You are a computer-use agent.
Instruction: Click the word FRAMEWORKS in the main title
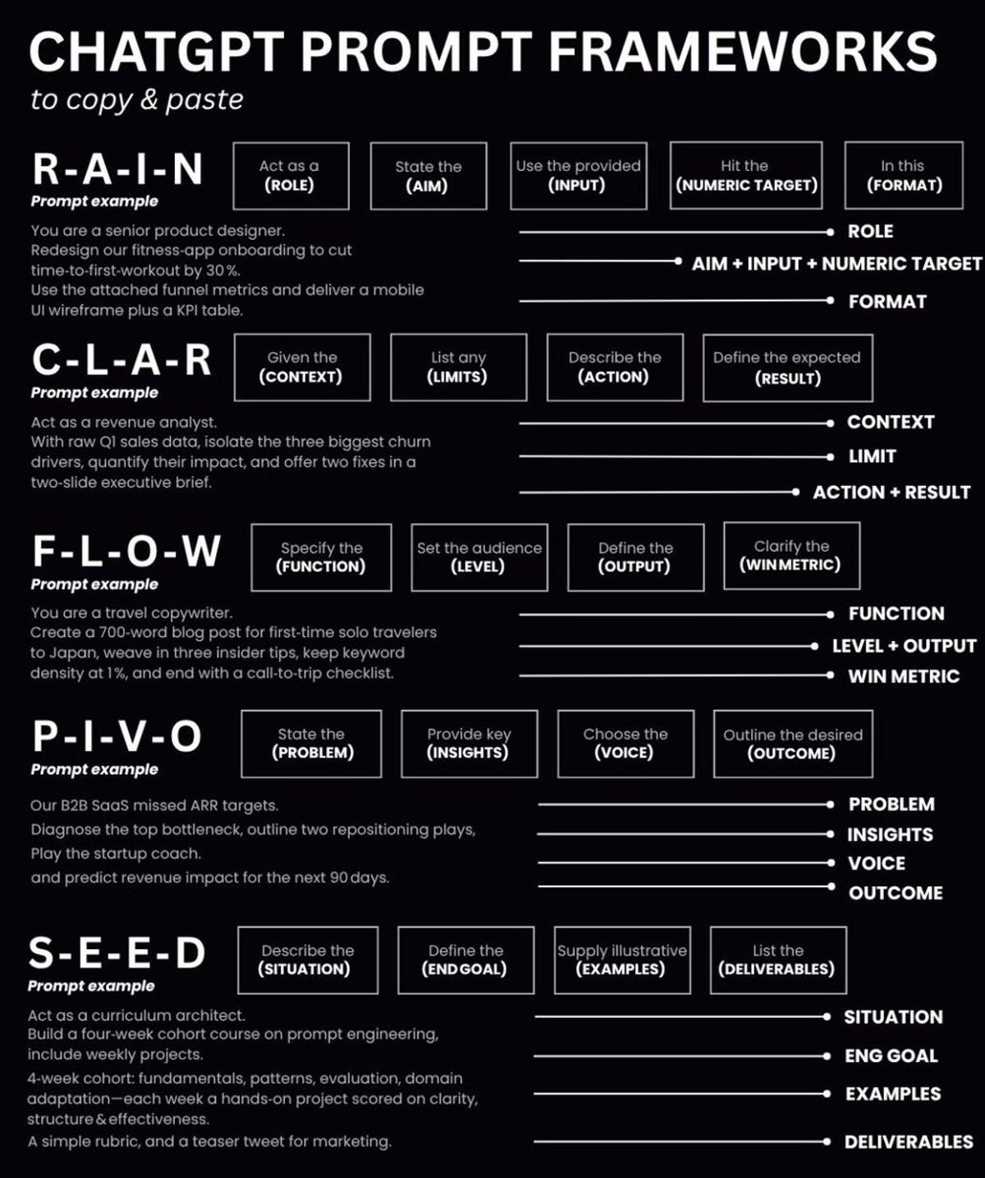(743, 51)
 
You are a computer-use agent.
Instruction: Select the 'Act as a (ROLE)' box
(291, 176)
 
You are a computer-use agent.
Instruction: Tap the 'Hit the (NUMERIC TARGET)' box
(745, 176)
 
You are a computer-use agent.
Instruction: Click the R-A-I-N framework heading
(118, 169)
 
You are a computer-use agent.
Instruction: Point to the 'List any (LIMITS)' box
(458, 368)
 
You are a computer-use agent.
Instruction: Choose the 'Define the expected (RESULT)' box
(787, 368)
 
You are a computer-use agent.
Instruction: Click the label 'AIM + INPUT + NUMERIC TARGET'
(836, 264)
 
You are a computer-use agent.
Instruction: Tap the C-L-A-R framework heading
(121, 360)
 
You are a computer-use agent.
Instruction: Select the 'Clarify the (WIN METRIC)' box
(791, 556)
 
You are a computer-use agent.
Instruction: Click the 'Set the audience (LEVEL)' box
(479, 557)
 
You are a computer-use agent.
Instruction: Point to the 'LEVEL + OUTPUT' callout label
(904, 646)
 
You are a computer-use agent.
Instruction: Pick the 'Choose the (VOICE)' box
(625, 743)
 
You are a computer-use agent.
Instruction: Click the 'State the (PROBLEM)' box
(311, 743)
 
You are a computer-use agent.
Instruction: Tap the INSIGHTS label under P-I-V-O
(890, 835)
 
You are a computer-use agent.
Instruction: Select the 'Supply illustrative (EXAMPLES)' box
(621, 960)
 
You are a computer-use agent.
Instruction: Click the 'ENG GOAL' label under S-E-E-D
(891, 1057)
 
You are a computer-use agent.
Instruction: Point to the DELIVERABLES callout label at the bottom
(909, 1142)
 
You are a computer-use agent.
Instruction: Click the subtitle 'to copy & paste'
(137, 99)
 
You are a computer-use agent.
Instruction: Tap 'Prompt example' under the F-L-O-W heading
(94, 584)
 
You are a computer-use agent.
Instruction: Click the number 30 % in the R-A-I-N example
(223, 270)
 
